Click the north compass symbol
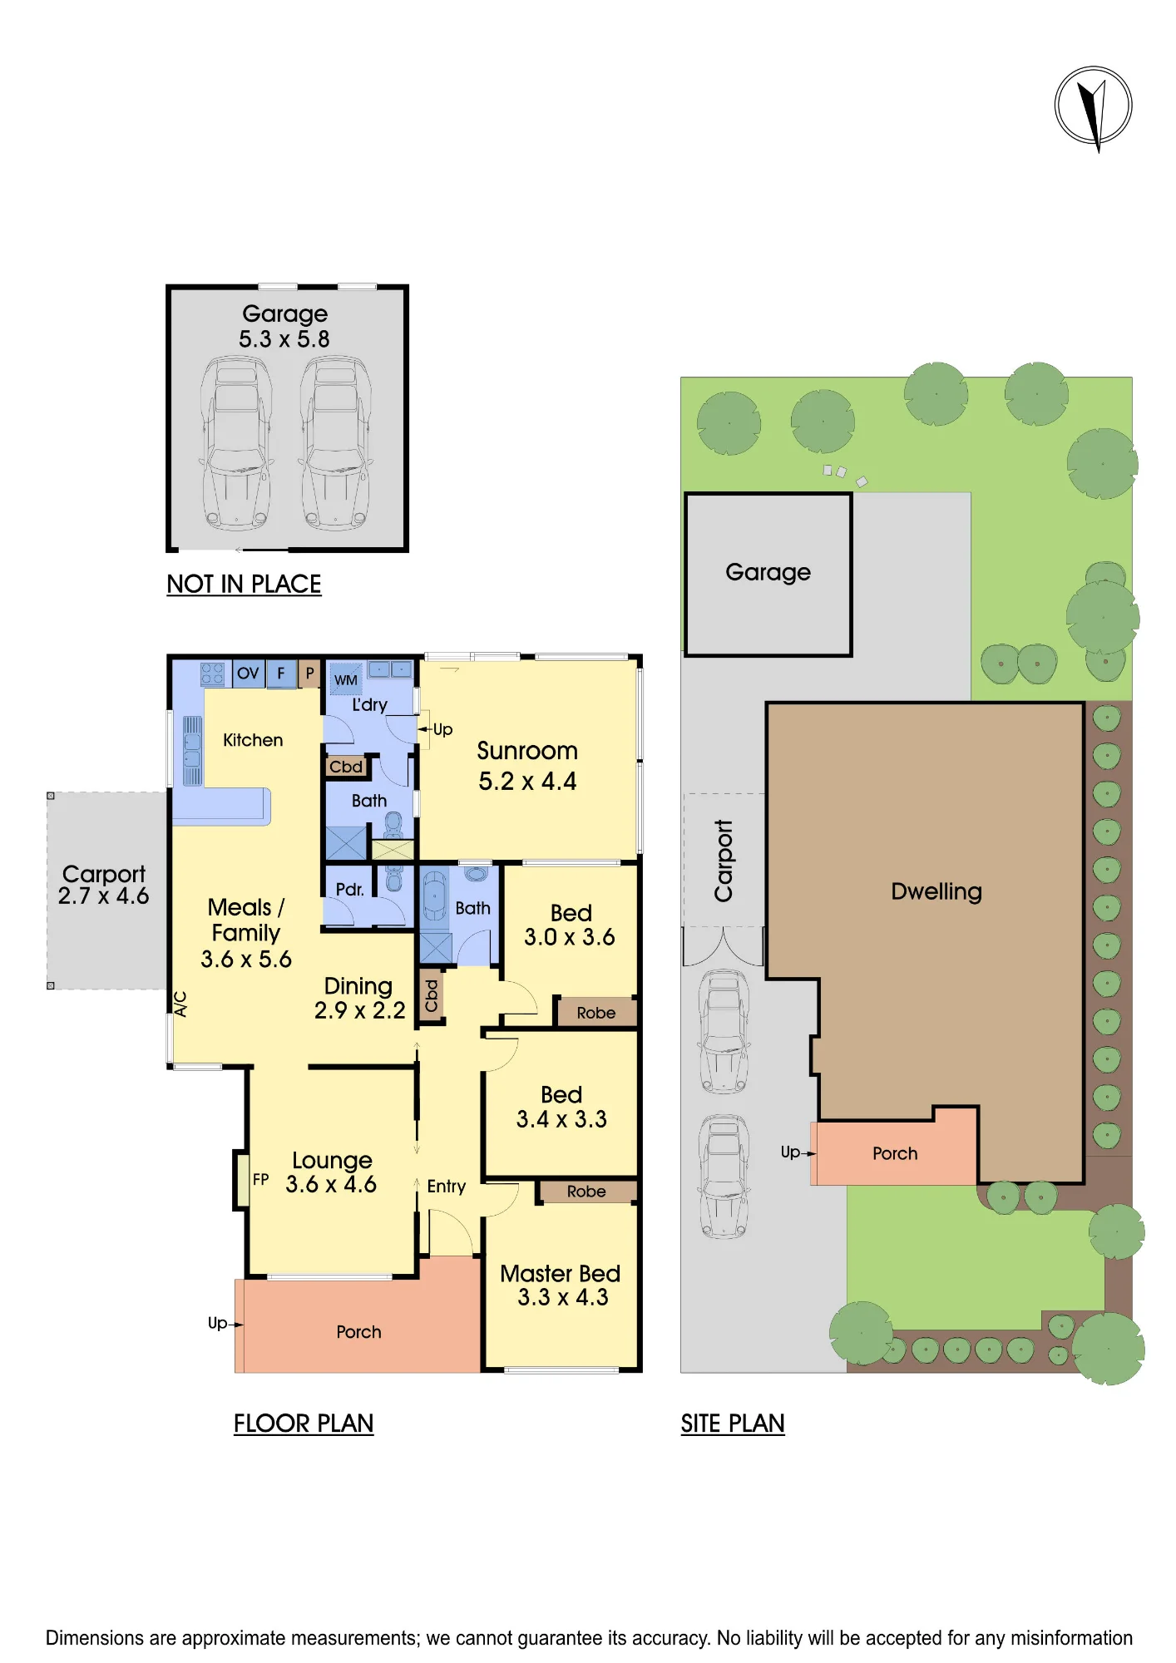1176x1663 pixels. coord(1093,107)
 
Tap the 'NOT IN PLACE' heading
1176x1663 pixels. coord(244,585)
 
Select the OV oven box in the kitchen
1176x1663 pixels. coord(248,674)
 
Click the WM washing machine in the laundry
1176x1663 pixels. coord(345,679)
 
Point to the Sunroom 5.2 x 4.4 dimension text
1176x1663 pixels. coord(527,782)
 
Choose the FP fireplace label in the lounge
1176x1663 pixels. coord(260,1179)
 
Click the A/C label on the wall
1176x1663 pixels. coord(180,1004)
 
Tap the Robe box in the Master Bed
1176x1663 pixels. coord(587,1192)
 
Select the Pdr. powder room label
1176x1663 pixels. coord(350,889)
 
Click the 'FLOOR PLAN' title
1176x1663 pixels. coord(304,1424)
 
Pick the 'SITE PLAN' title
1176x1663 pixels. coord(733,1424)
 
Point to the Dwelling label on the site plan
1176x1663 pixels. coord(936,892)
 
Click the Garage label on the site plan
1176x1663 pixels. coord(768,572)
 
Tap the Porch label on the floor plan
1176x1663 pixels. coord(358,1332)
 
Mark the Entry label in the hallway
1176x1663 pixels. coord(447,1187)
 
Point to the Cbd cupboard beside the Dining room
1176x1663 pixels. coord(431,995)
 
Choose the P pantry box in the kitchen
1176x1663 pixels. coord(309,673)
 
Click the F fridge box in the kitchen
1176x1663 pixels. coord(281,674)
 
